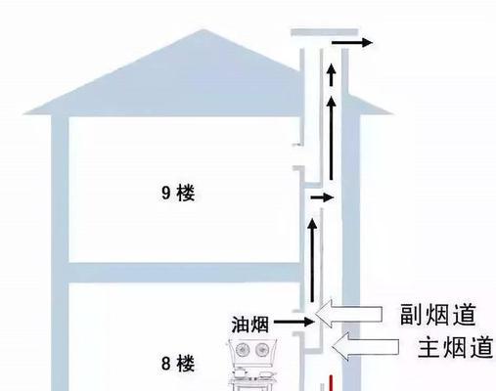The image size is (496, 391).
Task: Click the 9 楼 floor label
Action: coord(178,193)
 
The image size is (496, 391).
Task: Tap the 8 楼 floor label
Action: coord(178,364)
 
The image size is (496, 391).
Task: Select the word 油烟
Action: coord(250,325)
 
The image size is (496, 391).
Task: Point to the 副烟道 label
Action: coord(438,314)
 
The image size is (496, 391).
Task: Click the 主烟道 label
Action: coord(456,347)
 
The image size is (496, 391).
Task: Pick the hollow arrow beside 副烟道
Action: coord(348,314)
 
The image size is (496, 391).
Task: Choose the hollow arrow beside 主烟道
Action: coord(365,347)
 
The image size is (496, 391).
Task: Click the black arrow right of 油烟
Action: coord(294,322)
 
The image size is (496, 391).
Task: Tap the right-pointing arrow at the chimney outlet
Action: coord(352,42)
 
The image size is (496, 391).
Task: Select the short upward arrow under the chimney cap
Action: coord(332,74)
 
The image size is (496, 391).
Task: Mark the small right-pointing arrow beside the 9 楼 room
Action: coord(322,197)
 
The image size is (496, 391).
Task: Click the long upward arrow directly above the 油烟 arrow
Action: coord(312,260)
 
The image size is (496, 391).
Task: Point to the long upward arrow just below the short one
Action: coord(332,138)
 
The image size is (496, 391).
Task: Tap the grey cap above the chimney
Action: coord(325,32)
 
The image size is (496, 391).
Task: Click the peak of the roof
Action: coord(203,30)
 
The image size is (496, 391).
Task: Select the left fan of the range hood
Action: coord(242,350)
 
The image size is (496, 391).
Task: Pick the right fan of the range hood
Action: coord(261,350)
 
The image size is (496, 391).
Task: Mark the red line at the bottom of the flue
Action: coord(331,383)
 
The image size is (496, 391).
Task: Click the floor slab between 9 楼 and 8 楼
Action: coord(184,273)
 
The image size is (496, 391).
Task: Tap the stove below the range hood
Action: coord(253,378)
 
